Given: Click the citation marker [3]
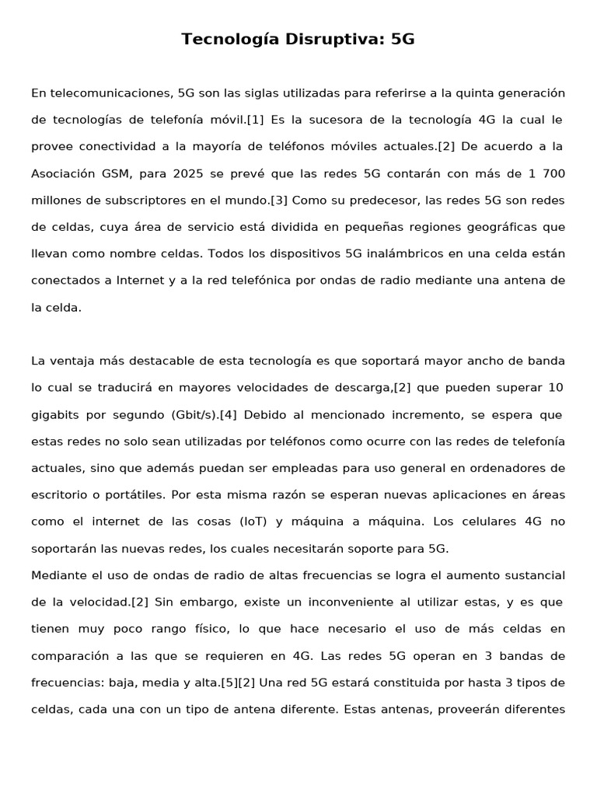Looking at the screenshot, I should point(279,200).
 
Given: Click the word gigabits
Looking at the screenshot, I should point(58,414).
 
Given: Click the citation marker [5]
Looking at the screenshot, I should point(229,683).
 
